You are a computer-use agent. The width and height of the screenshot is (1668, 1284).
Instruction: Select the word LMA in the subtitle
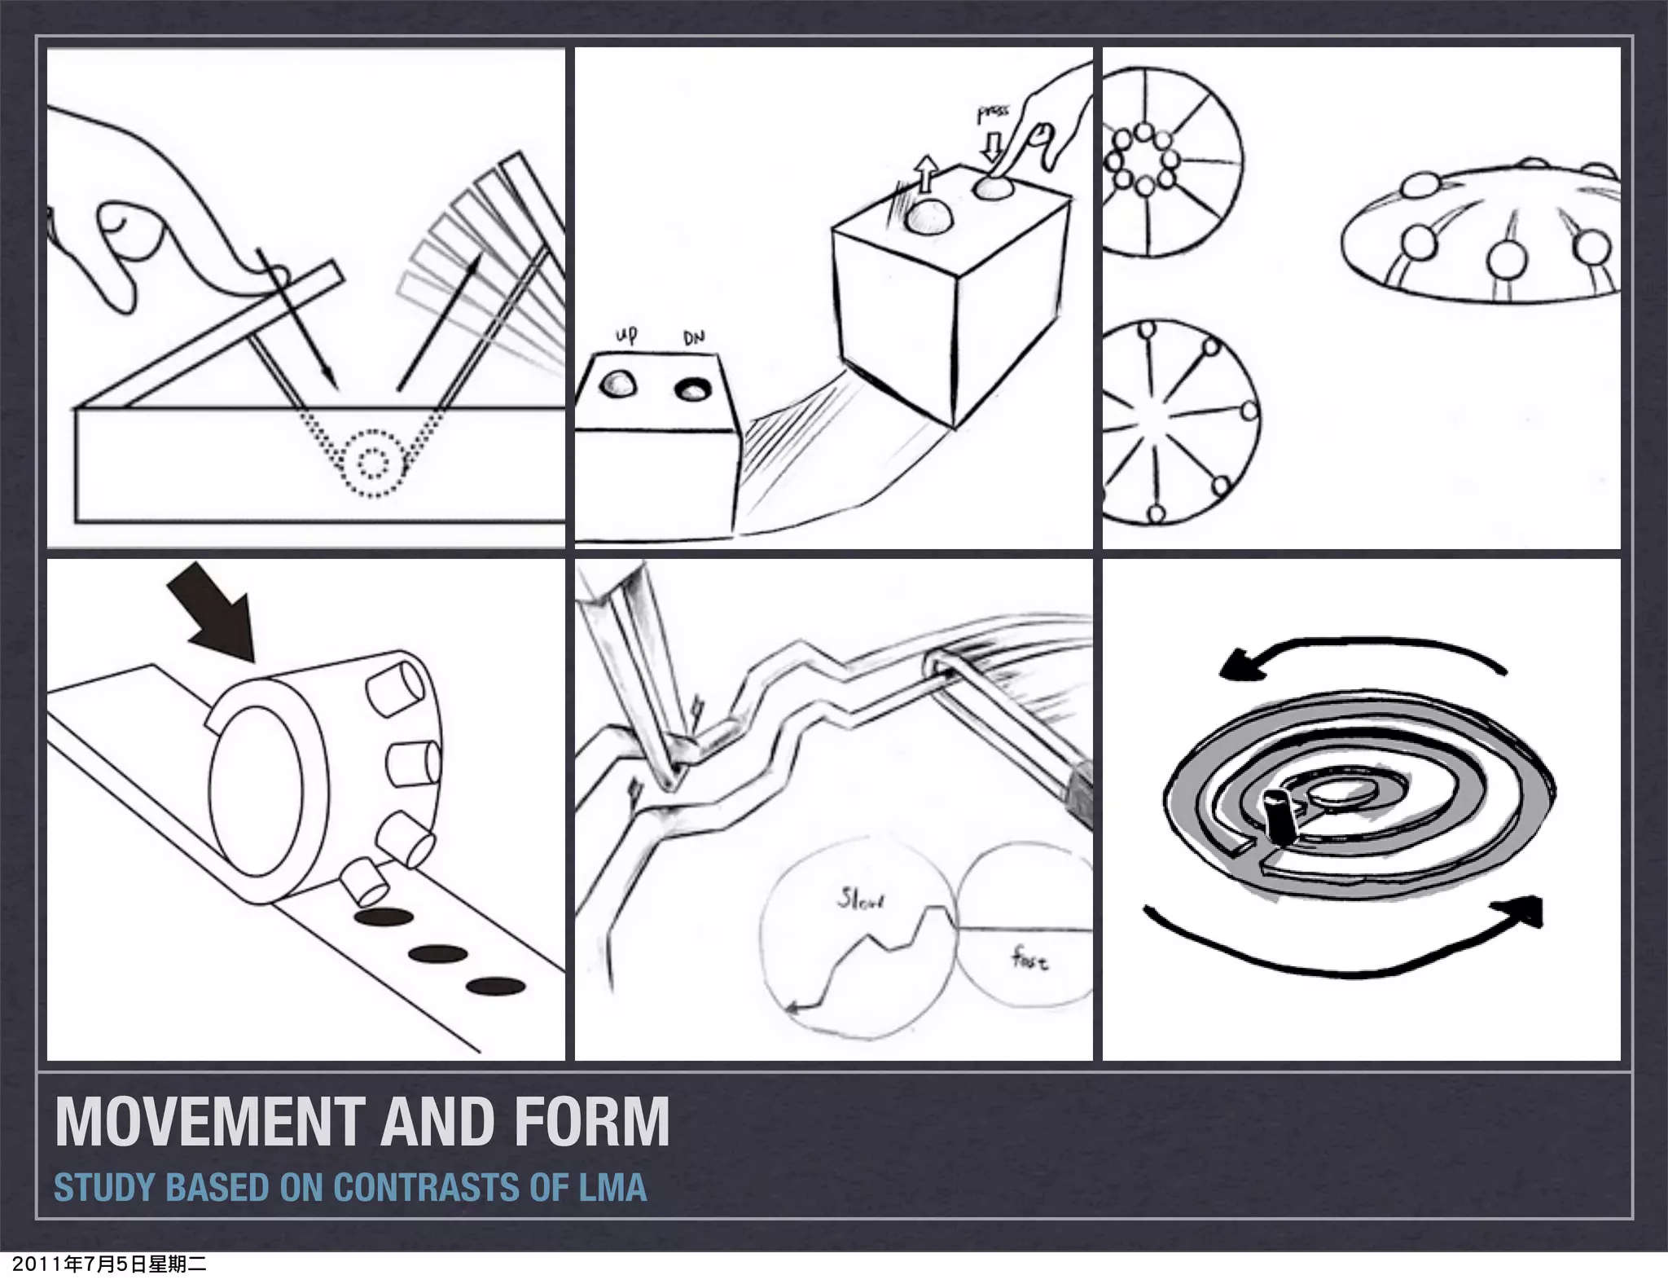(x=612, y=1187)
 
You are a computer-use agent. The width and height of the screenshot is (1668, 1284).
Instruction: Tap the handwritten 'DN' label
(x=694, y=336)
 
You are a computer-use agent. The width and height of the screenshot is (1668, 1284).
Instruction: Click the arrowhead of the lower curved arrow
(x=1525, y=909)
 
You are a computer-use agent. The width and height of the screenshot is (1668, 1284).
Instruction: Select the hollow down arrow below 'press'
(x=991, y=147)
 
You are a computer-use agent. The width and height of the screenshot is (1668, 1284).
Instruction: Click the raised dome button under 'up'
(x=618, y=384)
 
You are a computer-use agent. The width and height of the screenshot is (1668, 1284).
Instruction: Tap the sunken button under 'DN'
(x=693, y=389)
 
